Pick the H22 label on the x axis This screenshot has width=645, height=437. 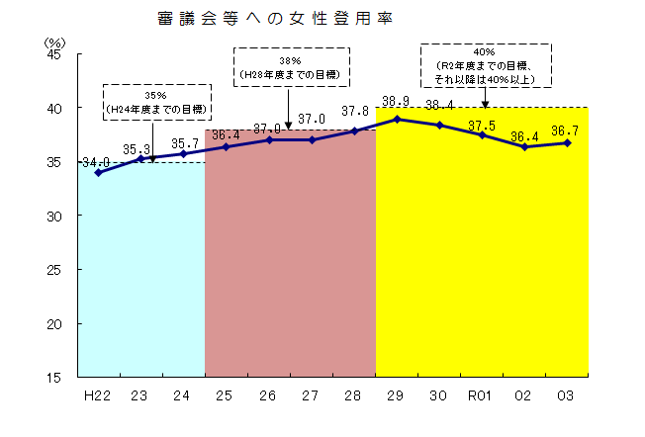(x=97, y=395)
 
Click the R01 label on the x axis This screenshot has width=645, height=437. (x=481, y=395)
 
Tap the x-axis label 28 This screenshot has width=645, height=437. (x=354, y=395)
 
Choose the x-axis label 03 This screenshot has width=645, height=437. (x=567, y=395)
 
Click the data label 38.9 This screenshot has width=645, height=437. (x=396, y=101)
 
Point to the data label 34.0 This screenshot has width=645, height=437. (x=96, y=162)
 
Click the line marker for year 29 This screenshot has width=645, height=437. (x=397, y=119)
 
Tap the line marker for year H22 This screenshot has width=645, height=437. (x=97, y=172)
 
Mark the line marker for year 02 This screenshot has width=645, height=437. (x=524, y=146)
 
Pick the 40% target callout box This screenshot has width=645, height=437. (x=486, y=64)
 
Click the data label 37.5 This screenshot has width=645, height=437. (x=482, y=126)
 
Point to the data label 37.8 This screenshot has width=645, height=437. (x=354, y=111)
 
